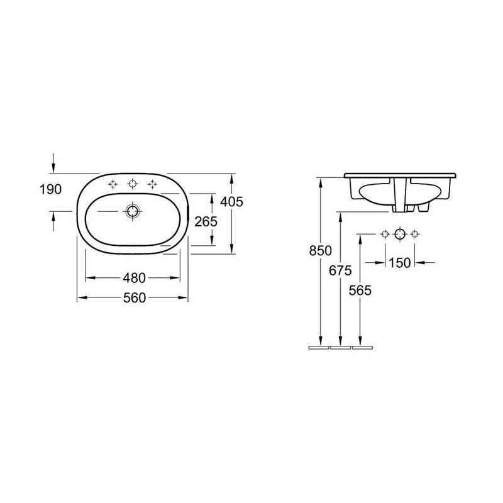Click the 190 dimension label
coord(50,189)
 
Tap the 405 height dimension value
coord(231,201)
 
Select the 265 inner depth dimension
coord(206,221)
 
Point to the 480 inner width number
coord(135,278)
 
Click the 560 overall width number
coord(135,297)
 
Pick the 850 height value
coord(321,250)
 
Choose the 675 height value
coord(340,270)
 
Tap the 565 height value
coord(360,290)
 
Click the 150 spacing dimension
coord(400,263)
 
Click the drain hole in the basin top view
coord(132,211)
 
